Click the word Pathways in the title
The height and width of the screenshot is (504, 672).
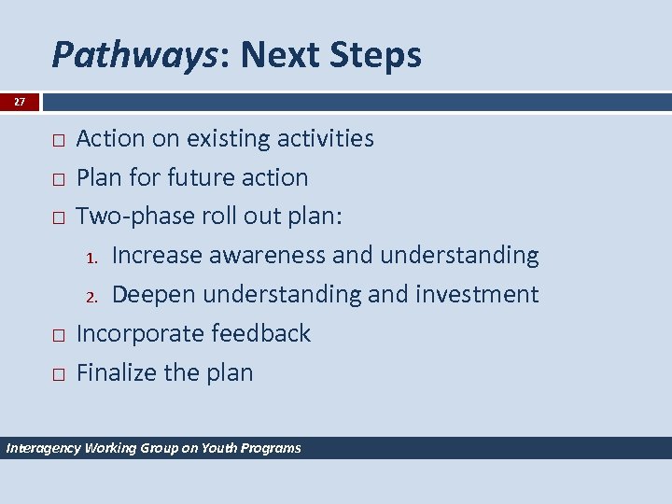point(135,56)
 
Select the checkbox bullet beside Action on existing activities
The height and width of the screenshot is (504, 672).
point(58,140)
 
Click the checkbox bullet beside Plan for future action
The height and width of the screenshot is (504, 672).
point(58,179)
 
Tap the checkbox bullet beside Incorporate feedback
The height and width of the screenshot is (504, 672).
point(58,335)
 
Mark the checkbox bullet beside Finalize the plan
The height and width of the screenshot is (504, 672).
point(58,374)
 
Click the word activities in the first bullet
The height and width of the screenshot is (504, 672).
point(322,139)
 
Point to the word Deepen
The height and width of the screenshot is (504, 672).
point(154,295)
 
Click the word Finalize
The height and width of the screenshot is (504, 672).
point(117,372)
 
